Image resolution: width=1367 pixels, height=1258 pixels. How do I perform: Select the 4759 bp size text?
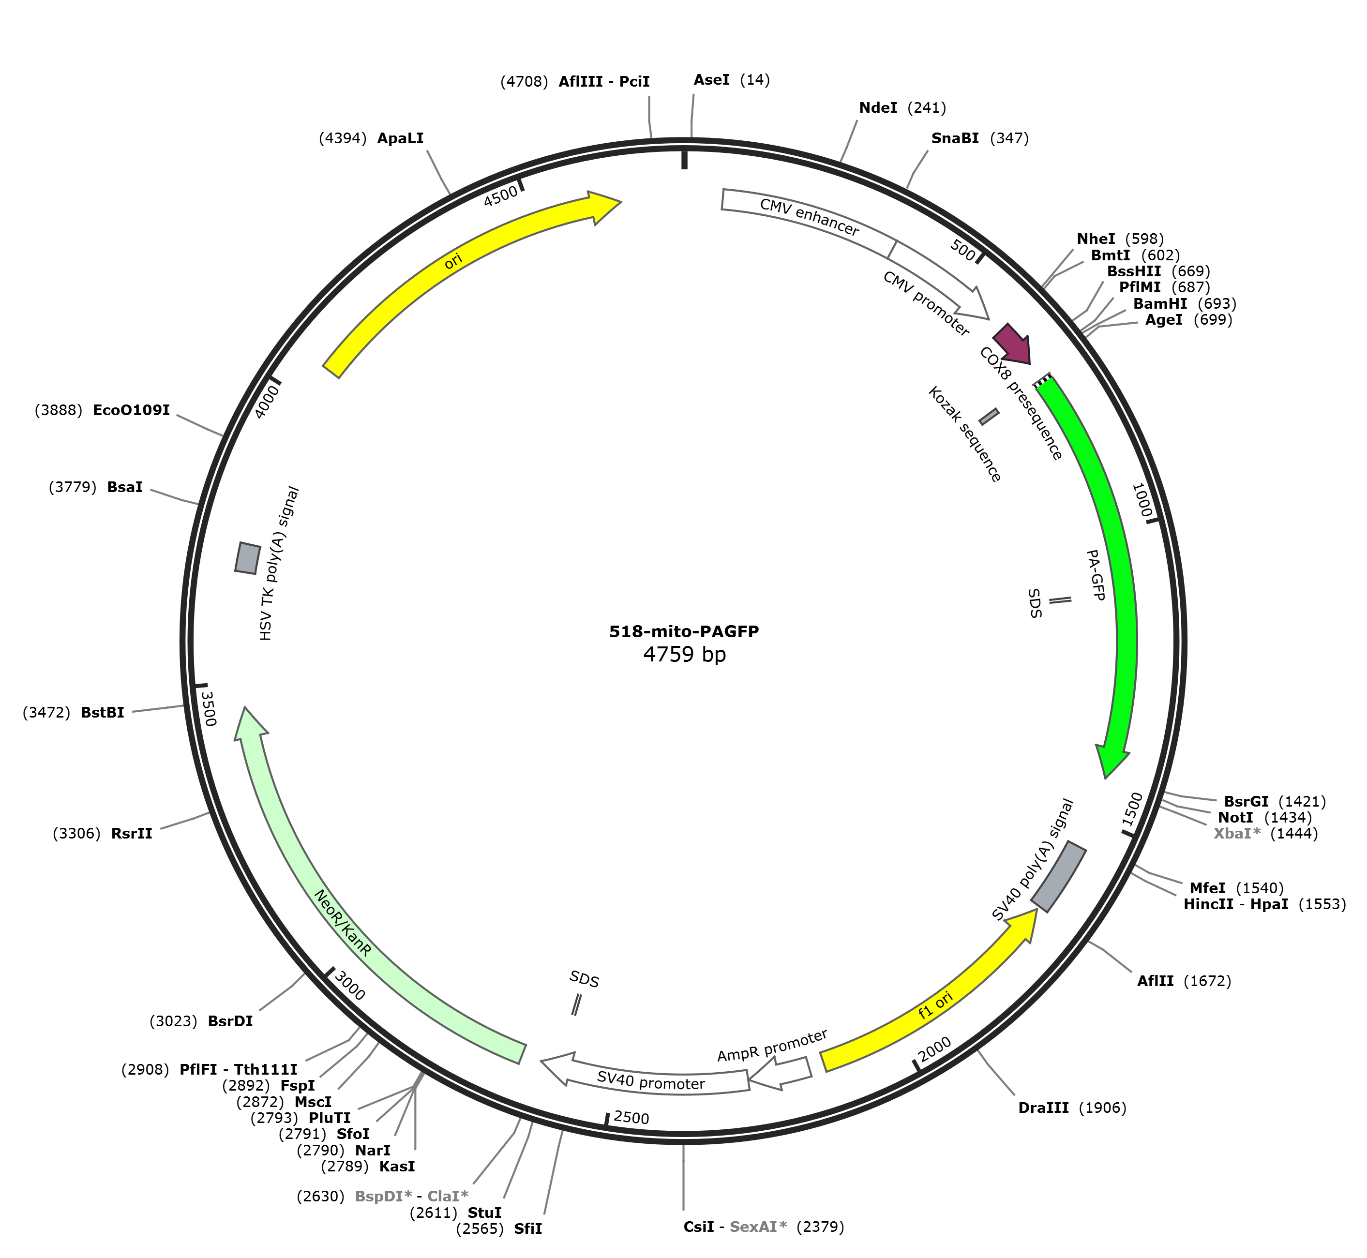pos(684,655)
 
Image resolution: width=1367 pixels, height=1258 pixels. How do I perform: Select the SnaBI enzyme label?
pos(955,138)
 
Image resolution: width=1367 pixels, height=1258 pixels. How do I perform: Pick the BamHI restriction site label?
pos(1160,303)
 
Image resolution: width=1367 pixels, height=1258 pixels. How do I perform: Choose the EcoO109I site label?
pos(132,410)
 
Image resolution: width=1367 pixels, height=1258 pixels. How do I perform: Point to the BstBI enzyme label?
pos(103,713)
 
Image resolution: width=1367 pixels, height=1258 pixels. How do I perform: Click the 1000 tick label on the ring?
pos(1142,500)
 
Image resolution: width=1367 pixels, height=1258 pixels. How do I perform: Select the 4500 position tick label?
pos(500,196)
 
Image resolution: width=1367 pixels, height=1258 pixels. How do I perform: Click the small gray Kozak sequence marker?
pos(989,417)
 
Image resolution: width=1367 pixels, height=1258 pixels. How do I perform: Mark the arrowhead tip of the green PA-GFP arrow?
pos(1106,778)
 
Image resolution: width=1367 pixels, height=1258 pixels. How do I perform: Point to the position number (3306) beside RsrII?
pos(77,833)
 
